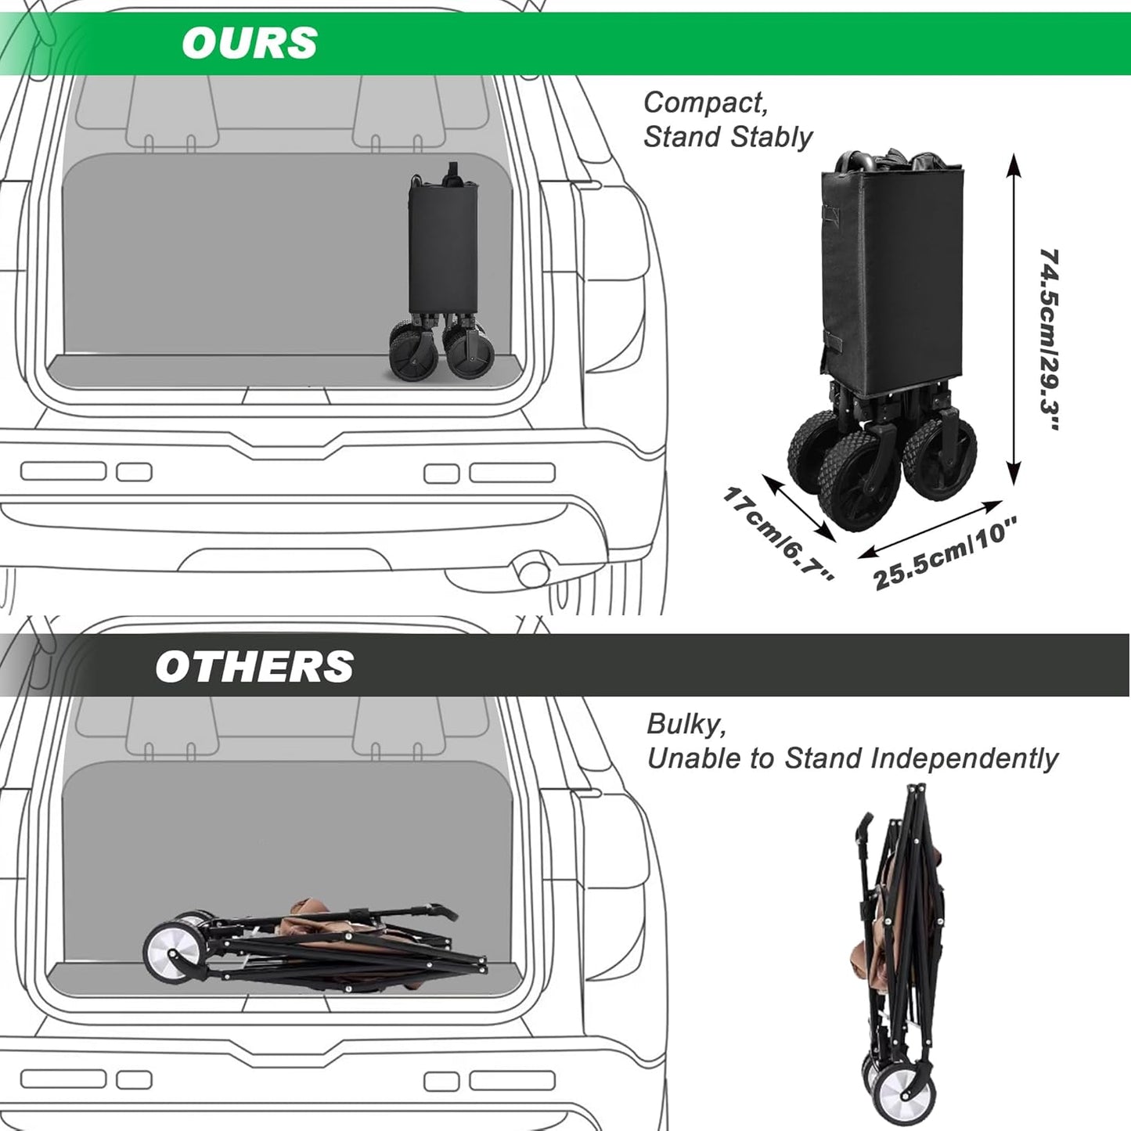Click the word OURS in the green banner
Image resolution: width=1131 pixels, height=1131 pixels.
click(250, 43)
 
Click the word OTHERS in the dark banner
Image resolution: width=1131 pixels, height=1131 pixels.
click(254, 666)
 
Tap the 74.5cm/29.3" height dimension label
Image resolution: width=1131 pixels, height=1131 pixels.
click(1048, 340)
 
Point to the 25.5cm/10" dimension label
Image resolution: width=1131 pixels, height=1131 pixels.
click(945, 553)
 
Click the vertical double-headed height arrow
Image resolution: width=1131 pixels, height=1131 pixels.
click(1014, 319)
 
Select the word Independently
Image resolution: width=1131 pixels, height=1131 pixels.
click(964, 758)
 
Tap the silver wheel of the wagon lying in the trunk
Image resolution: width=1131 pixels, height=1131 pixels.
click(175, 952)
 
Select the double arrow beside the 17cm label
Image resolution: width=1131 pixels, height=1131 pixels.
click(799, 508)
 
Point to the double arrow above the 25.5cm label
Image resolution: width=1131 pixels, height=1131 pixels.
click(931, 529)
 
